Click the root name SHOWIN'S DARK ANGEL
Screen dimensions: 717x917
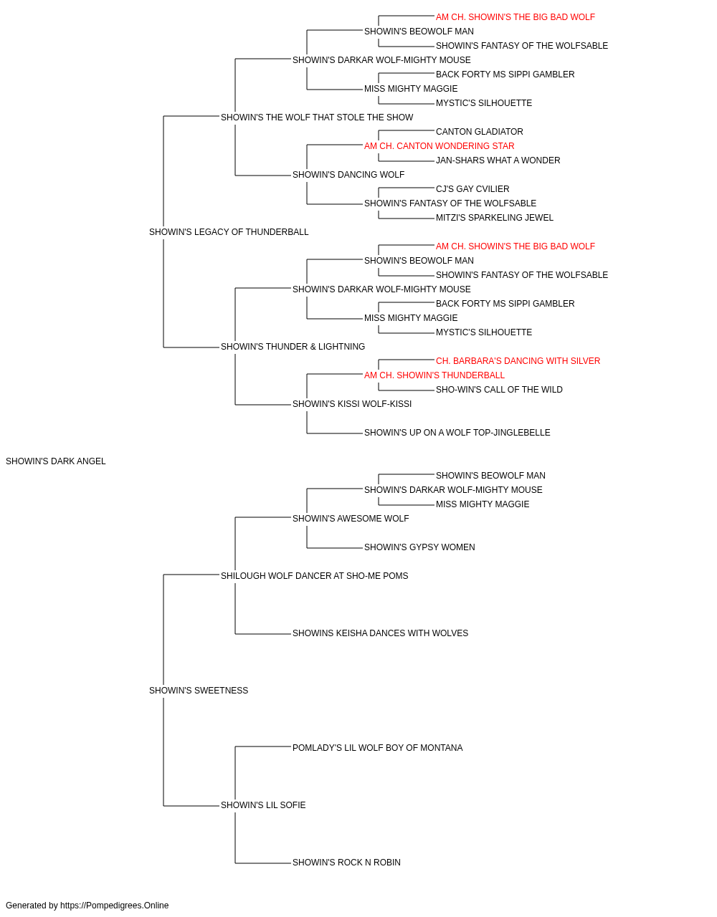coord(56,461)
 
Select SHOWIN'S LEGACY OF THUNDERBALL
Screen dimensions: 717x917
coord(229,232)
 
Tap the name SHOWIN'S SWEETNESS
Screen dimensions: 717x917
coord(199,691)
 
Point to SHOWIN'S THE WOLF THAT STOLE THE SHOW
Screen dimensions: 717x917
coord(317,117)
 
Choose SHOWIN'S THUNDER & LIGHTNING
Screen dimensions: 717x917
coord(293,347)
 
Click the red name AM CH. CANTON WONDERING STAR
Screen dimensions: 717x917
coord(439,146)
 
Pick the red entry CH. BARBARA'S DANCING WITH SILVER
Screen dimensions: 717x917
coord(518,361)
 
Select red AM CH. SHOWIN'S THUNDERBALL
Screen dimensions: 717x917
coord(434,375)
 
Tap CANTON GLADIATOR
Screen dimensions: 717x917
coord(479,132)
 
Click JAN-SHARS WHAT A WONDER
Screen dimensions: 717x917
coord(498,160)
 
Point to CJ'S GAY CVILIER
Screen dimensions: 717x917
coord(473,189)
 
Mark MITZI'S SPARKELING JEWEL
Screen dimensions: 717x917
coord(495,218)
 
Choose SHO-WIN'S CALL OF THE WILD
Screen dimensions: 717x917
coord(499,390)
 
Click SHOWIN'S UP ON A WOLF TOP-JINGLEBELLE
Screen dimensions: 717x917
coord(457,433)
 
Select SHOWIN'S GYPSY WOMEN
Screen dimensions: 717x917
coord(419,547)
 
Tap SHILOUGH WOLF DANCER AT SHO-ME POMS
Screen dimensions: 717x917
coord(314,576)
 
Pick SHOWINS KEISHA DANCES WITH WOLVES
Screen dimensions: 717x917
coord(380,633)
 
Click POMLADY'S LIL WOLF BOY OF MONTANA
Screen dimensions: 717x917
coord(378,748)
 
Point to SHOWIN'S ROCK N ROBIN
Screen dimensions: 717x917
coord(346,863)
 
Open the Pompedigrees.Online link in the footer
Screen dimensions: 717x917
coord(115,906)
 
